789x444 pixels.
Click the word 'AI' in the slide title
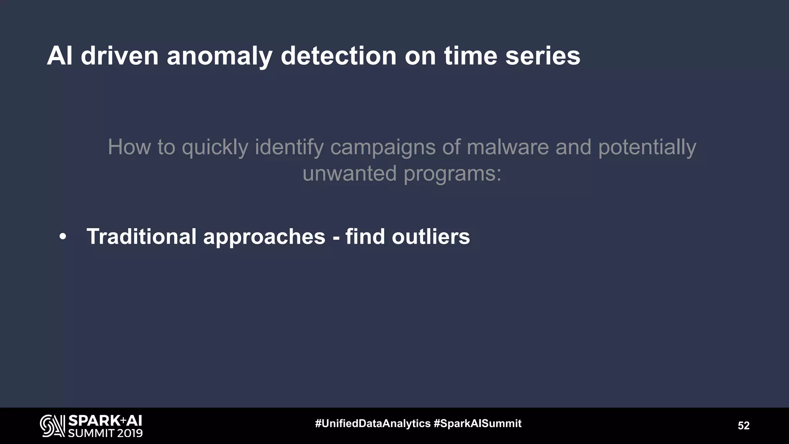(x=60, y=56)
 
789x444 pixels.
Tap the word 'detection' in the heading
(x=339, y=56)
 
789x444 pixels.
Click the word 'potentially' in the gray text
(x=647, y=148)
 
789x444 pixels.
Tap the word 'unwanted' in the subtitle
(x=349, y=173)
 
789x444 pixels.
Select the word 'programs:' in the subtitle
(x=452, y=174)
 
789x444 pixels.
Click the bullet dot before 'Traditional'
(x=63, y=237)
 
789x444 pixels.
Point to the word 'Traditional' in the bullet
(x=141, y=236)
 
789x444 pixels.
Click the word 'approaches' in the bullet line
(x=264, y=237)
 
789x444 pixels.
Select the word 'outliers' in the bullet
(x=431, y=236)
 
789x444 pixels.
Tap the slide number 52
(x=744, y=425)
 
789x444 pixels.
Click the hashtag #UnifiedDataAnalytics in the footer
(x=373, y=424)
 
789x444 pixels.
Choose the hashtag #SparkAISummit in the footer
(x=477, y=424)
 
